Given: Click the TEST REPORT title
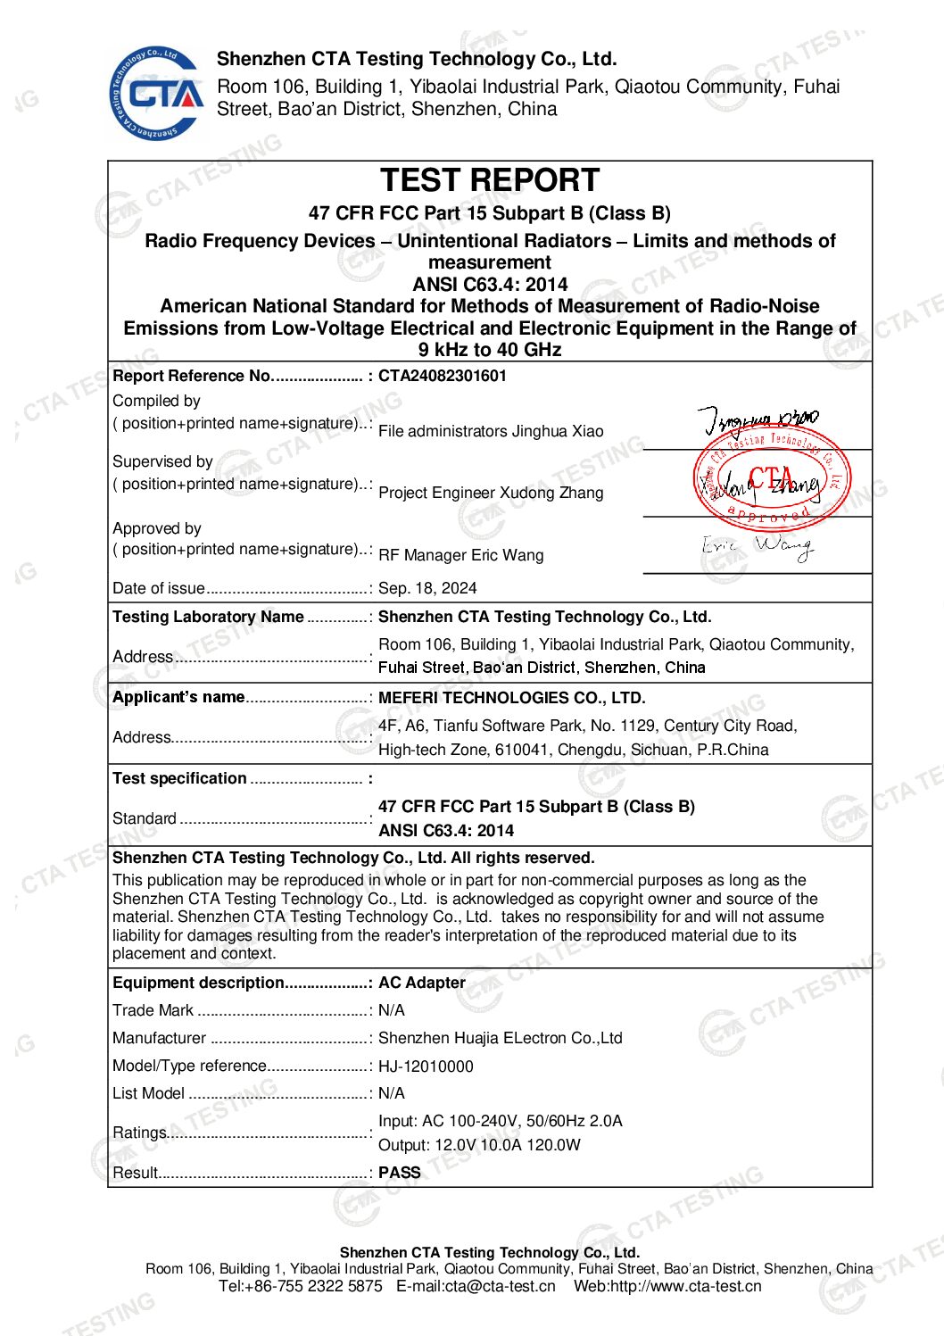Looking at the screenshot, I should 490,180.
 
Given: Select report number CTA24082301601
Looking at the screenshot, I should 443,376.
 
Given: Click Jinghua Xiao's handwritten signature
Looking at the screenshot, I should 758,419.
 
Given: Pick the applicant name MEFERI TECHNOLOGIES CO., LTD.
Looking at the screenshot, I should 511,698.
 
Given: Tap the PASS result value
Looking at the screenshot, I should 399,1173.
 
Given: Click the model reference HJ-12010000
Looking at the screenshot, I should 426,1066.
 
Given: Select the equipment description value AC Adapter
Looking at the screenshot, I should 422,983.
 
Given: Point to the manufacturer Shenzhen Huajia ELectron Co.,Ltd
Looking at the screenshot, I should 500,1038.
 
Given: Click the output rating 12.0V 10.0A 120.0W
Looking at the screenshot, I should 508,1145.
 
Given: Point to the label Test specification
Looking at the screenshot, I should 179,778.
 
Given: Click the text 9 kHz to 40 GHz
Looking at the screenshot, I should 490,350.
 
